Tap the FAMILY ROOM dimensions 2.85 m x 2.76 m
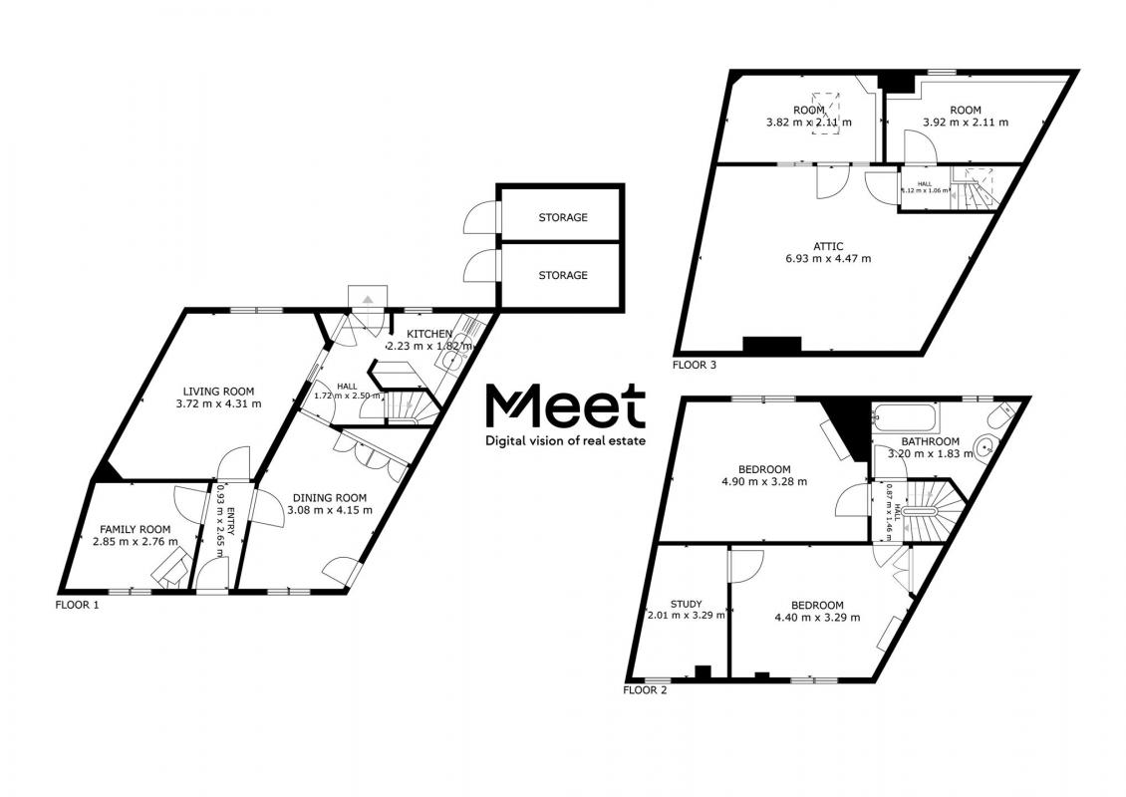[x=135, y=542]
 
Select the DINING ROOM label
[x=329, y=497]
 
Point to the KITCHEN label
[x=428, y=333]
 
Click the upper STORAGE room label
[x=563, y=217]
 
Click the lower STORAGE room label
[x=563, y=275]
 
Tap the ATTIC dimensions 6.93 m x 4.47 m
[x=828, y=259]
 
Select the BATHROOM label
[x=930, y=441]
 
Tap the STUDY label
[x=686, y=604]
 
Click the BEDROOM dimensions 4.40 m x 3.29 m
[x=817, y=618]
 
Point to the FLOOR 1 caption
[x=77, y=605]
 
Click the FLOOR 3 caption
[x=695, y=366]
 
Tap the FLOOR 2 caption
[x=645, y=689]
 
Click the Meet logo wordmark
[x=565, y=406]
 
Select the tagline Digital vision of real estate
[x=565, y=439]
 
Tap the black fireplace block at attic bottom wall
[x=771, y=345]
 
